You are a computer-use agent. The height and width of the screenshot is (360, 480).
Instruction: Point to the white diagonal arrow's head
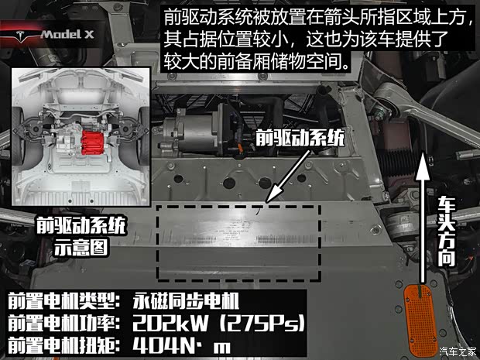[x=267, y=202]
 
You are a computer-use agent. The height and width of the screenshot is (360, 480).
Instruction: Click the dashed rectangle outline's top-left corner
[x=158, y=207]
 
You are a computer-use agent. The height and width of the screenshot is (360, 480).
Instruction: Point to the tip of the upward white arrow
[x=423, y=153]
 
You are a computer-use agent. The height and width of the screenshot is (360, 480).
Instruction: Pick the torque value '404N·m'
[x=180, y=345]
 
